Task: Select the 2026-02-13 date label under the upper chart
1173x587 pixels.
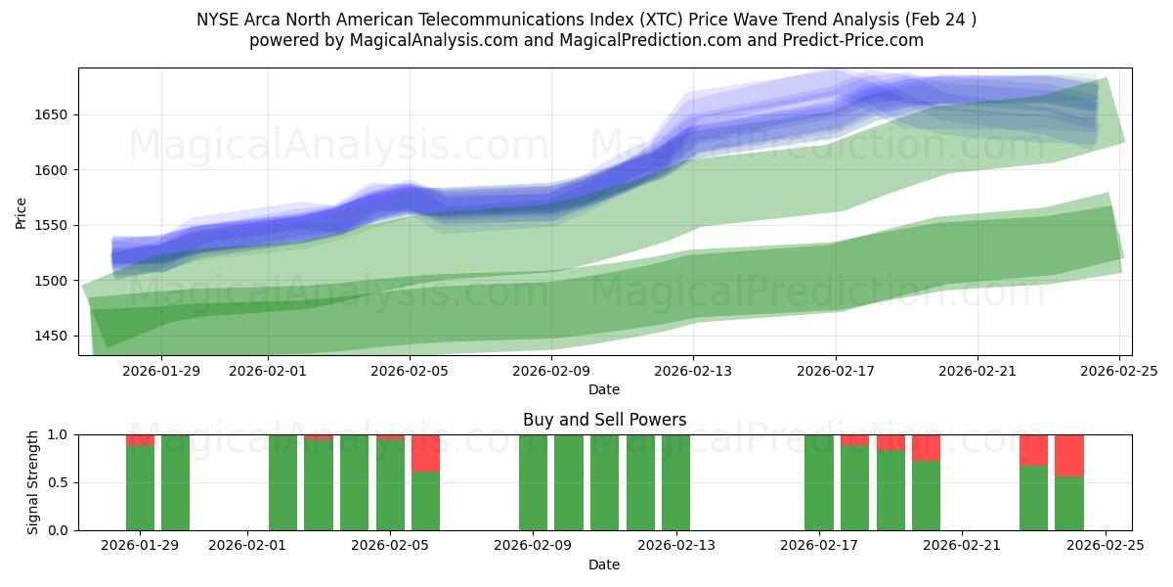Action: click(x=693, y=371)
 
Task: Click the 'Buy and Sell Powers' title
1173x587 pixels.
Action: click(x=604, y=420)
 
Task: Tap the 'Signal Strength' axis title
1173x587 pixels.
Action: click(x=33, y=482)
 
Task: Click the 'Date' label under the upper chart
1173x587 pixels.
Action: click(x=604, y=389)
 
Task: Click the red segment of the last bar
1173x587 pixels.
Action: click(x=1069, y=455)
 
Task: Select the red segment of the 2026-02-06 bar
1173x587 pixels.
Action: click(x=425, y=453)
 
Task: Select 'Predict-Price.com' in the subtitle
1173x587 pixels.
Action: click(x=860, y=40)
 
